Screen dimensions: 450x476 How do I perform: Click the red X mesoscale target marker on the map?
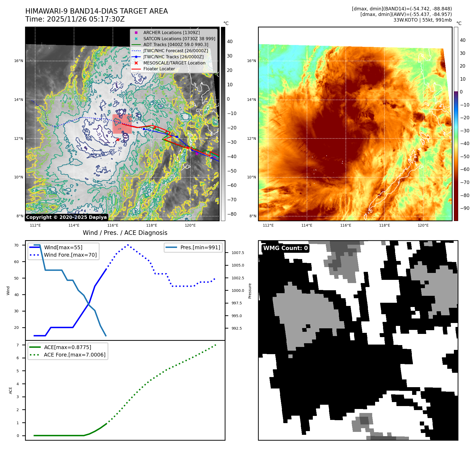pos(118,140)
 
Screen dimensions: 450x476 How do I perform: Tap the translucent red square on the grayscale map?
pos(122,124)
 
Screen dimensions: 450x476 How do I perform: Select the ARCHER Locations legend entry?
pos(171,32)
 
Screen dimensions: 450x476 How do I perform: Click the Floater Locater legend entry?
pos(159,69)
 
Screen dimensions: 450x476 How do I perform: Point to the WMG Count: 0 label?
pos(285,248)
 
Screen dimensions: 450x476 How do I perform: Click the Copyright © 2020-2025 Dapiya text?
pos(66,217)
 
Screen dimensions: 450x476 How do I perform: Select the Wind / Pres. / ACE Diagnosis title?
pos(125,233)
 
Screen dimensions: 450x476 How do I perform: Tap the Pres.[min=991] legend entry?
pos(200,247)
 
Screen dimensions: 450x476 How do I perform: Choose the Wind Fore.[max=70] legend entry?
pos(70,255)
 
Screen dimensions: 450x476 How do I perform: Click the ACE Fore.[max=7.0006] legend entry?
pos(75,355)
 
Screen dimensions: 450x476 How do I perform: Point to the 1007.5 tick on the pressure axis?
pos(238,253)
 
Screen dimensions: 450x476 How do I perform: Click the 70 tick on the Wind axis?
pos(17,245)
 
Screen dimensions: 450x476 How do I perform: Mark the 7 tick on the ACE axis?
pos(18,345)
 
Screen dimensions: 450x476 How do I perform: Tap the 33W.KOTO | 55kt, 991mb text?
pos(422,20)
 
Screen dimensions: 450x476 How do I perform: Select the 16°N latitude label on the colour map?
pos(252,61)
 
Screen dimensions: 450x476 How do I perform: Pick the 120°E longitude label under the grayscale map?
pos(190,225)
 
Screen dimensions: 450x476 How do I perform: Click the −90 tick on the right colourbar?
pos(465,208)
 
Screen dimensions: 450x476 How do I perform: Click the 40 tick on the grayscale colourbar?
pos(230,42)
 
